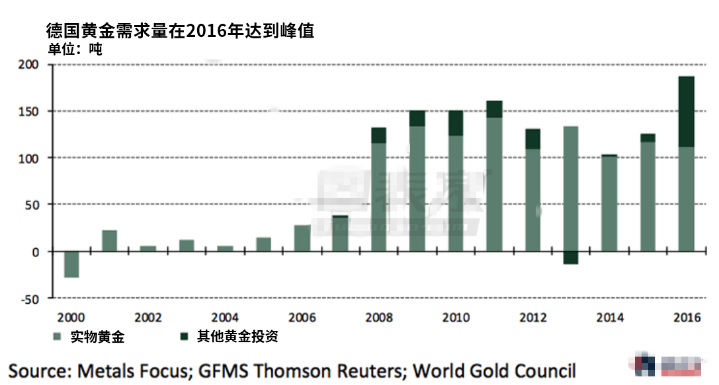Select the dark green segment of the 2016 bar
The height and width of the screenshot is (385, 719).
point(687,111)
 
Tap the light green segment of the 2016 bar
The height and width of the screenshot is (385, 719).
point(687,199)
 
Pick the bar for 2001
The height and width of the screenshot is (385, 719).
point(109,240)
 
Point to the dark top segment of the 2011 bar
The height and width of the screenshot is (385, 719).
point(494,109)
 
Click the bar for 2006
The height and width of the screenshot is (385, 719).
point(302,238)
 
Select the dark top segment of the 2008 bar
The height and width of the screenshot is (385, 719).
point(378,135)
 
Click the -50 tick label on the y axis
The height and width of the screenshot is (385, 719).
point(29,298)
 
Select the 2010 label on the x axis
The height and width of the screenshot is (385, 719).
point(456,318)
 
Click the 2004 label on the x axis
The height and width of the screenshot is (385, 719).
point(225,318)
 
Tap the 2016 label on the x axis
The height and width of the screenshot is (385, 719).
point(687,318)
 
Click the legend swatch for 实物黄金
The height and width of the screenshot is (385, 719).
point(58,337)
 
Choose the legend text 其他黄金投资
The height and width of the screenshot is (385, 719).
point(236,337)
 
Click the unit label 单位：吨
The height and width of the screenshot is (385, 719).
point(75,48)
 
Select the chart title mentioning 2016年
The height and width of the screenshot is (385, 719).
point(179,30)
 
